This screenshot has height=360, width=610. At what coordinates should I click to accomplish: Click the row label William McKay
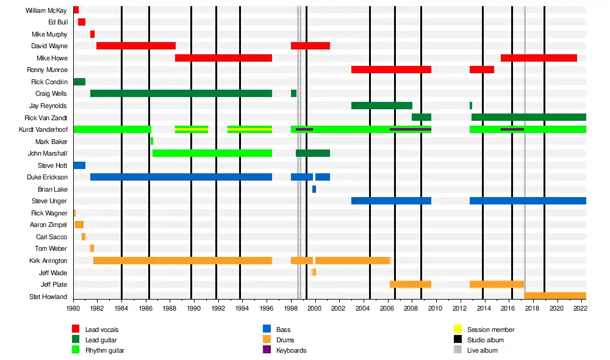(46, 10)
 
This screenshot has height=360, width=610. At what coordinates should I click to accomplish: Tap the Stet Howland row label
(48, 297)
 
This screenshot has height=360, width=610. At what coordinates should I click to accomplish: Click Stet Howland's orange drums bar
(555, 296)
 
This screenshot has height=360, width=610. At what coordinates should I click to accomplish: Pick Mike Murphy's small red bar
(92, 34)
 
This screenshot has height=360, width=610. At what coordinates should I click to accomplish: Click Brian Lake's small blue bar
(314, 189)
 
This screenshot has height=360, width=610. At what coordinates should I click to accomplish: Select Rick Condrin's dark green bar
(79, 82)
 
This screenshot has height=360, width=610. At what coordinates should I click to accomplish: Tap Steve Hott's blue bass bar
(79, 165)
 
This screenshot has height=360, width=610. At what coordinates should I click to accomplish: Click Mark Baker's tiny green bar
(151, 142)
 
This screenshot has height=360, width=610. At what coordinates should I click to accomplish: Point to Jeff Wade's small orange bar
(314, 272)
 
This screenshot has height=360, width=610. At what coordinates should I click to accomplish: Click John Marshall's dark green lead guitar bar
(313, 153)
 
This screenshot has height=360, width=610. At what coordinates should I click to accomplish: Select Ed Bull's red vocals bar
(82, 22)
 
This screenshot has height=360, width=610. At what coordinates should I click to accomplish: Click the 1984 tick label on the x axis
(121, 309)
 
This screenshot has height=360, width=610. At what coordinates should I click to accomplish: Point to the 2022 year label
(580, 309)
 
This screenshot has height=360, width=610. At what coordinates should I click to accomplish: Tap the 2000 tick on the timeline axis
(315, 309)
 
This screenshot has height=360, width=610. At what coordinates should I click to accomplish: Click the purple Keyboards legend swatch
(267, 350)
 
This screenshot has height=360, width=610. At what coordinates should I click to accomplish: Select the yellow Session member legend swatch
(457, 329)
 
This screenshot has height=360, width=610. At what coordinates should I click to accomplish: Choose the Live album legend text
(482, 350)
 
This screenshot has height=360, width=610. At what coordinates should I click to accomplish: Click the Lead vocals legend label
(102, 329)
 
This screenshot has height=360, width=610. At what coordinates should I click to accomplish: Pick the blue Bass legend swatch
(267, 329)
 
